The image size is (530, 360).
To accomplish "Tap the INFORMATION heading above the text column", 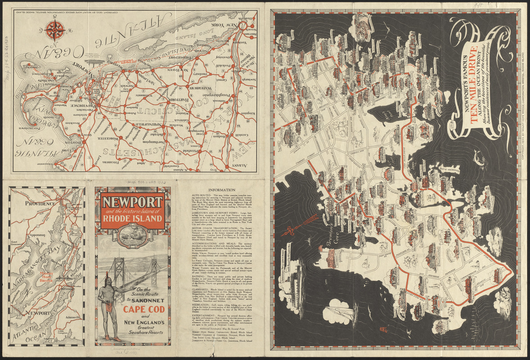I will pos(219,190).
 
